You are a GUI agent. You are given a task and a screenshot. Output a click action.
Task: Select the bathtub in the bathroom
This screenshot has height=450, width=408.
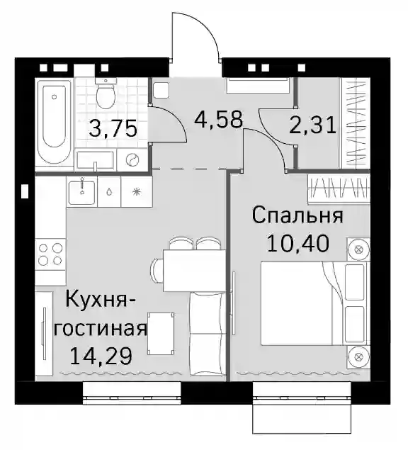(x=55, y=124)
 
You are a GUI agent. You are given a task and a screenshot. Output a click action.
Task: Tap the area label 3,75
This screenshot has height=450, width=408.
(x=113, y=129)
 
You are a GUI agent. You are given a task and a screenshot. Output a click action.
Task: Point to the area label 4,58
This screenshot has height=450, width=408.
(x=219, y=120)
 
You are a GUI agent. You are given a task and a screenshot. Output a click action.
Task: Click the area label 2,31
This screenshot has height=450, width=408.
(x=312, y=126)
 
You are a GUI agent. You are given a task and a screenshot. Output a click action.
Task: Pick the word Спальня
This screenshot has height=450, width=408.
(x=297, y=216)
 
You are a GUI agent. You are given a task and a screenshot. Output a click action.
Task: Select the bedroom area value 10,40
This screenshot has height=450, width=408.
(x=297, y=244)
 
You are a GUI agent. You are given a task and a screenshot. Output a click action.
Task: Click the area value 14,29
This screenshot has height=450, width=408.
(x=101, y=356)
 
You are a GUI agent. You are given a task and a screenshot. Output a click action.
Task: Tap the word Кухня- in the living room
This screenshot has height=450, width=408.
(x=101, y=299)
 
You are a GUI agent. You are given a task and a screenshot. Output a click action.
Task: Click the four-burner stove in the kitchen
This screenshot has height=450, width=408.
(x=50, y=254)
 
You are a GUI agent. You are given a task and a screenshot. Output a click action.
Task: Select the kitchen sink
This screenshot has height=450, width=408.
(x=81, y=191)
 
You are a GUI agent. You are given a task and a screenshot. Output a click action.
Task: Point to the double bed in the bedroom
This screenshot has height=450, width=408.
(x=314, y=303)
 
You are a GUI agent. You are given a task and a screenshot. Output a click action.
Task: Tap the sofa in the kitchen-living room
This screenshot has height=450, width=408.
(x=208, y=334)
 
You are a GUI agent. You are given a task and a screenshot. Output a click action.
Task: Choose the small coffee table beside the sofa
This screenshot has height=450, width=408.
(x=161, y=334)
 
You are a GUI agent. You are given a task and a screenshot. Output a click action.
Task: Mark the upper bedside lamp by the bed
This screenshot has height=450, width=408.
(x=358, y=249)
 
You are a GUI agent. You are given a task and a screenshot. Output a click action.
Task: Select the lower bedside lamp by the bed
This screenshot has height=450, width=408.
(x=358, y=357)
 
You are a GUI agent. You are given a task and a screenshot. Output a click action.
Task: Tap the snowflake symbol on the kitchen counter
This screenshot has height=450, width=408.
(x=137, y=192)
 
